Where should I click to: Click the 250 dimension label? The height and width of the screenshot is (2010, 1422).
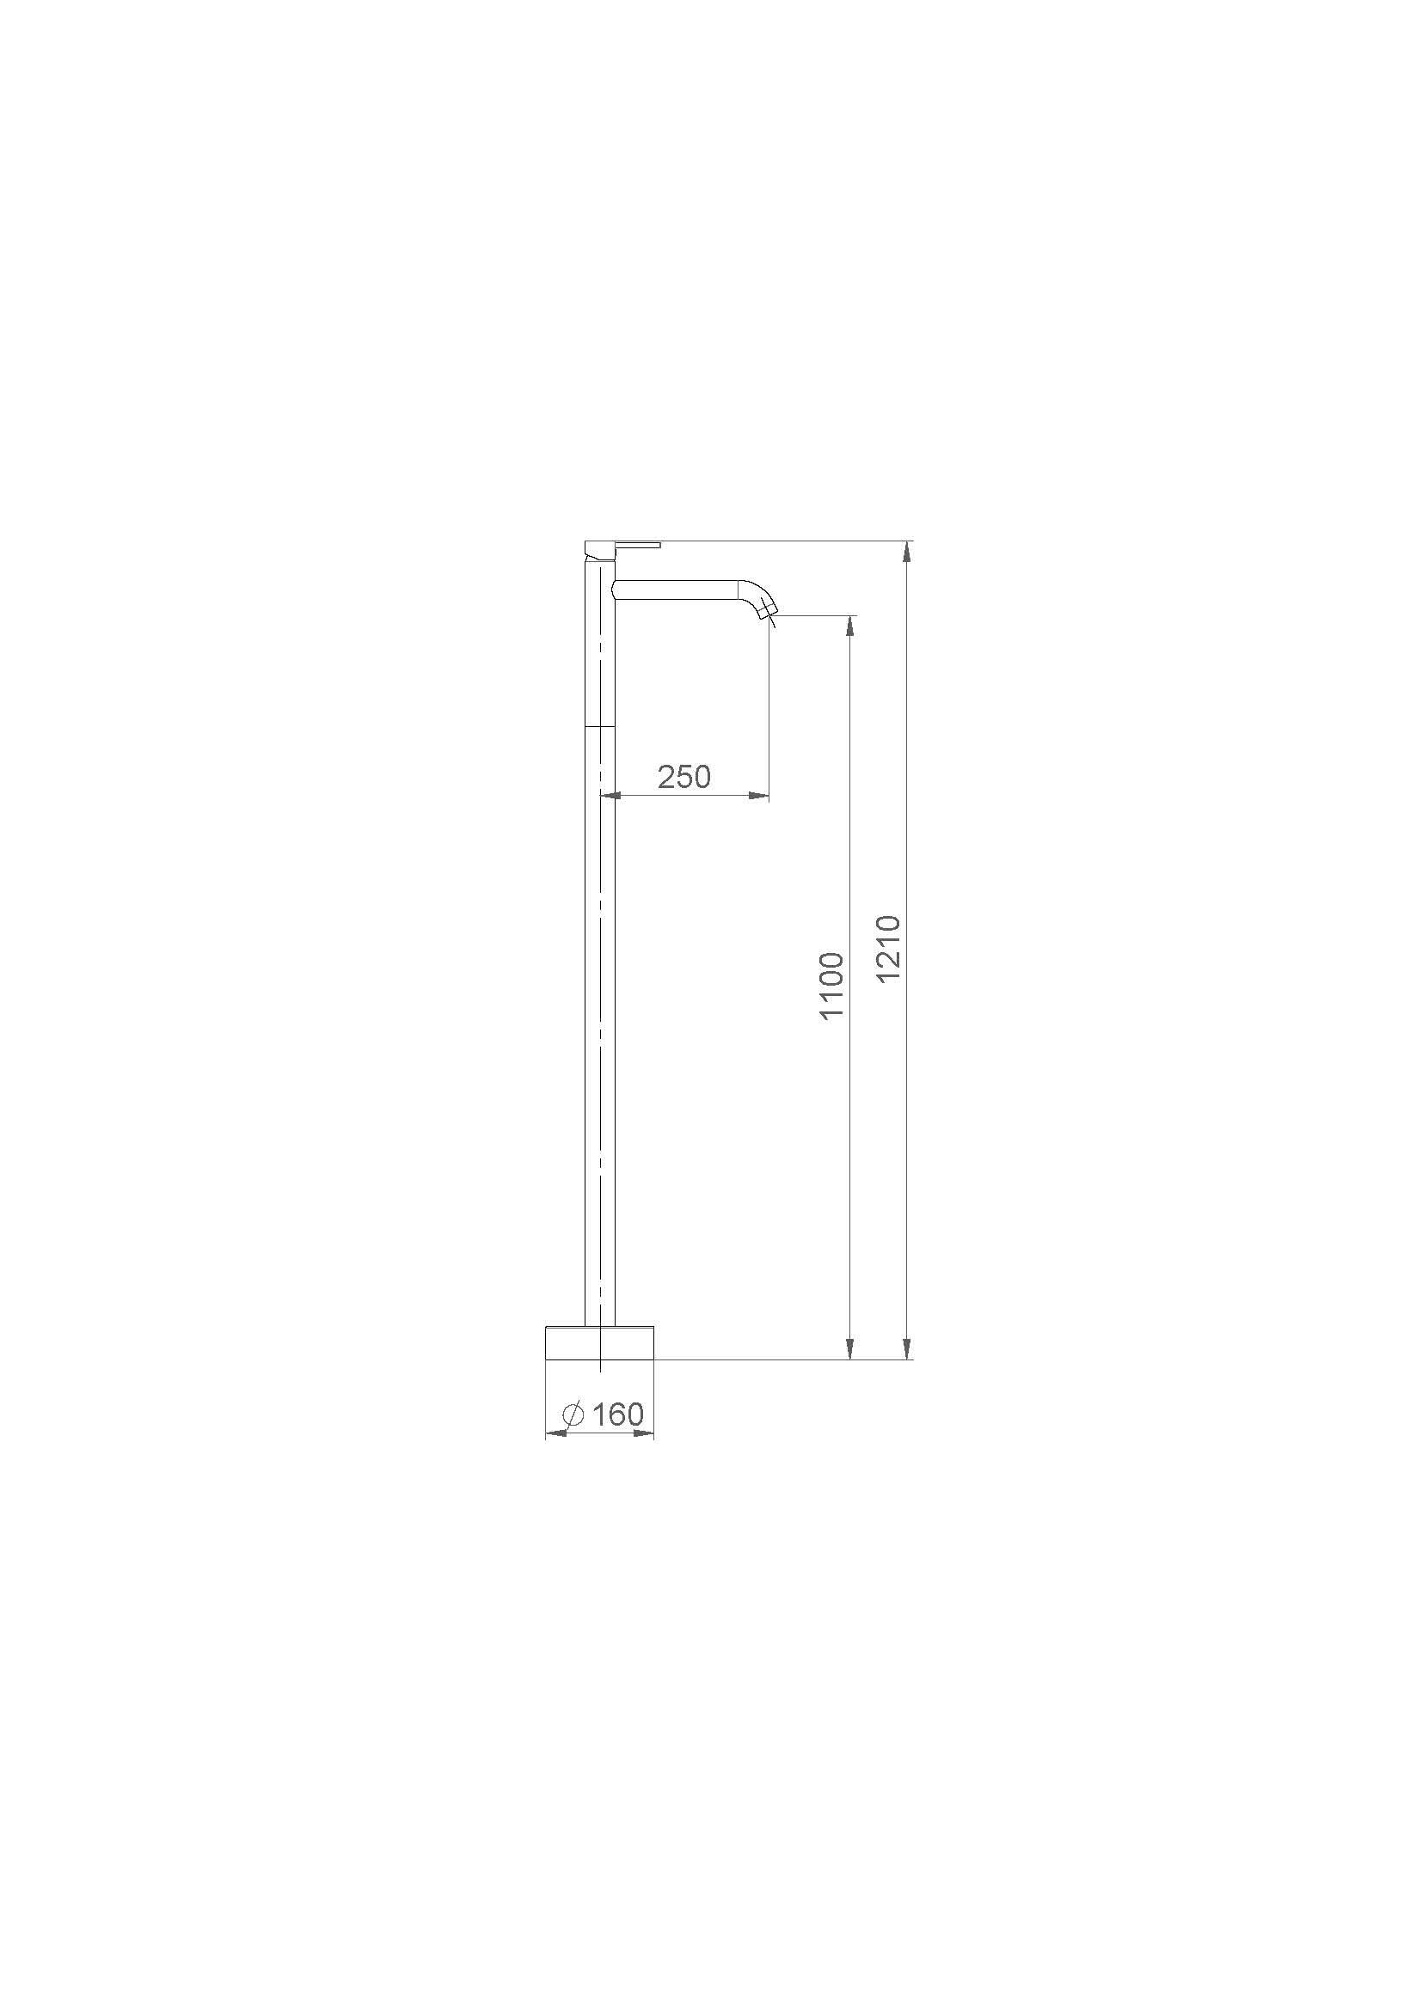tap(683, 777)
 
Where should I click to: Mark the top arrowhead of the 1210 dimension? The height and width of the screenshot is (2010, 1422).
tap(908, 553)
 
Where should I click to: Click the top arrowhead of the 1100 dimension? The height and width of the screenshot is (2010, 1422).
tap(849, 626)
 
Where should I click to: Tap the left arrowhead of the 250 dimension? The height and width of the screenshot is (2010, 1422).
tap(611, 796)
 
